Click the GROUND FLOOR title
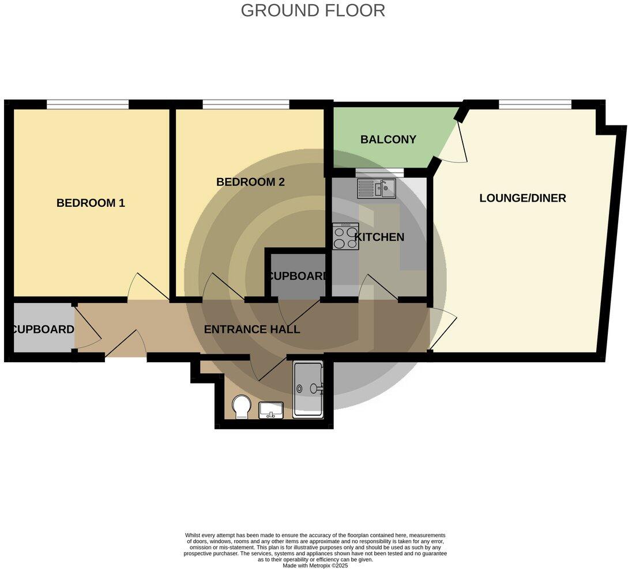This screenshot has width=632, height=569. pos(313,10)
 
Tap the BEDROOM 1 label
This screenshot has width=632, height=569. pos(91,203)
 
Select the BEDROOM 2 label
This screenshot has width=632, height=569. pos(250,182)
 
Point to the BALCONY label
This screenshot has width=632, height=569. pos(380,139)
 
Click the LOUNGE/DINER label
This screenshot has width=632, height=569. pos(522,198)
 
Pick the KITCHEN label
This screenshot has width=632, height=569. pos(379,237)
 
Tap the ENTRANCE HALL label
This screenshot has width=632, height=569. pos(252,329)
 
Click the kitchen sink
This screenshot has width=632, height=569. pos(376,187)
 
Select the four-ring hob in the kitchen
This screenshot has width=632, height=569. pos(345,236)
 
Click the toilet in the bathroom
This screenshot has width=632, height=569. pos(240,407)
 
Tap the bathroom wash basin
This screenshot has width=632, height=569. pos(271,410)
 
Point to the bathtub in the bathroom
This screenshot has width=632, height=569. pos(309,389)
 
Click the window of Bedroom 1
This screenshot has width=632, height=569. pos(88,104)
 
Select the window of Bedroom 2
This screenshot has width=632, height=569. pos(246,104)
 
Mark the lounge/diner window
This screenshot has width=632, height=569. pos(535,104)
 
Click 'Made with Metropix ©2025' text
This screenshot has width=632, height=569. pos(315,565)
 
